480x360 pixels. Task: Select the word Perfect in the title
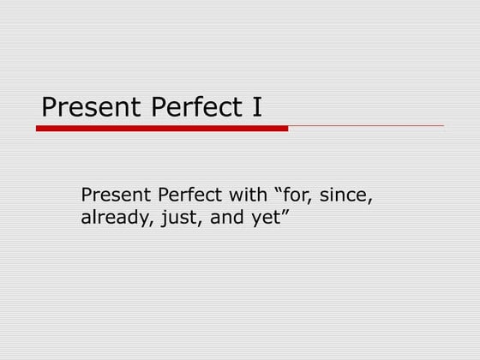click(183, 108)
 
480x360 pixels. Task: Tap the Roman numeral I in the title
click(256, 107)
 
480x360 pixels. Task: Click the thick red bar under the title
click(162, 129)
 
